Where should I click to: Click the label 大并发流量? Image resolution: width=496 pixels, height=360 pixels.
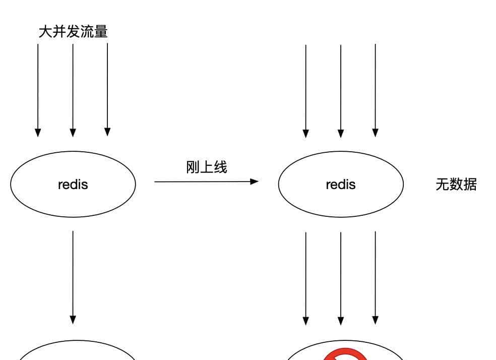[x=73, y=32]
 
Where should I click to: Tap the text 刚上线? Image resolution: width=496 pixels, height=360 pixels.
[x=207, y=167]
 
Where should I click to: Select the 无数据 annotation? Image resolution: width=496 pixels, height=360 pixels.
[x=456, y=185]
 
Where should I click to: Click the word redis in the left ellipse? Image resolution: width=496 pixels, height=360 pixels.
[x=73, y=185]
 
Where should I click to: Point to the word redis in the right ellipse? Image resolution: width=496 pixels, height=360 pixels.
[x=341, y=185]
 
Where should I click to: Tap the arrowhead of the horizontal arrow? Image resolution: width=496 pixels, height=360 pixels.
[x=255, y=182]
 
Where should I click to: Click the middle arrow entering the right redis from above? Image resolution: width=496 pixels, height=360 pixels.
[x=341, y=91]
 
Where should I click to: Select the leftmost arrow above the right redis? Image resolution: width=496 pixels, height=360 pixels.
[x=305, y=91]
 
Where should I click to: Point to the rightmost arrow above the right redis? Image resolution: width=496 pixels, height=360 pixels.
[x=376, y=91]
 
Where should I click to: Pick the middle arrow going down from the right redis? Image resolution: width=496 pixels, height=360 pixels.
[x=341, y=277]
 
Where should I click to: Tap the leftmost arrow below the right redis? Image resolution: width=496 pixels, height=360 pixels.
[x=305, y=277]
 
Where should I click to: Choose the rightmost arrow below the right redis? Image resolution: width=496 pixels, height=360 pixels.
[x=376, y=277]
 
